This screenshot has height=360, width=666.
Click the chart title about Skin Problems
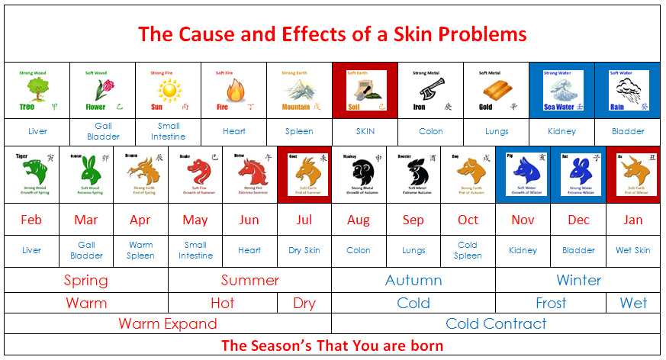332,34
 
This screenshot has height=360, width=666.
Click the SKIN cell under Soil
365,131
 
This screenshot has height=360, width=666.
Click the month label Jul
304,220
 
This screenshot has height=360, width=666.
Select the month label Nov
523,220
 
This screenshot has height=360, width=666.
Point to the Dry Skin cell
304,250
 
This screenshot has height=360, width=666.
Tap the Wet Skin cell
632,250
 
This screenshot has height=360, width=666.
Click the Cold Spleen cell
468,250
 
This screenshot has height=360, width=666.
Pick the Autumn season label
413,280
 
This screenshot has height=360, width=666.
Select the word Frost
551,303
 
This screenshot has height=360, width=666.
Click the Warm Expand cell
168,323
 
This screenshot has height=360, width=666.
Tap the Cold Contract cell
496,323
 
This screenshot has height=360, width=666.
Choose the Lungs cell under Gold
497,131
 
